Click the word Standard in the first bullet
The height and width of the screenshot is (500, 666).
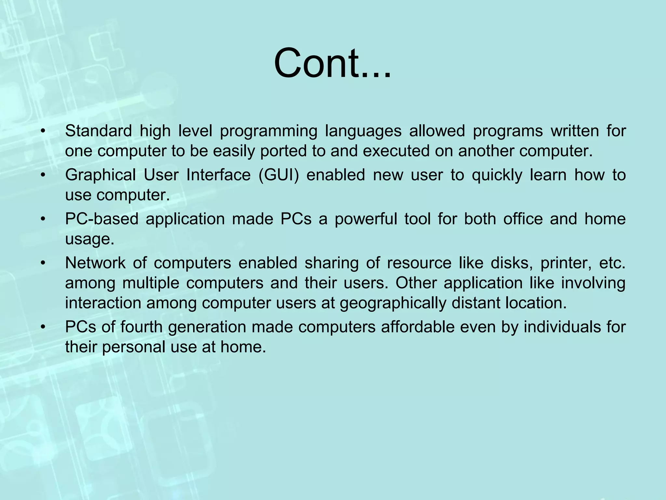coord(98,131)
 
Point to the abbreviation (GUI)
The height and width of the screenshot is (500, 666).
coord(279,175)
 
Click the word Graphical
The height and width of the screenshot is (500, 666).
coord(100,175)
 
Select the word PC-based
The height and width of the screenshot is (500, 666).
coord(102,219)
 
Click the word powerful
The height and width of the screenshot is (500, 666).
coord(366,219)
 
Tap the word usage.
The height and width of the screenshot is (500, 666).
coord(90,239)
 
